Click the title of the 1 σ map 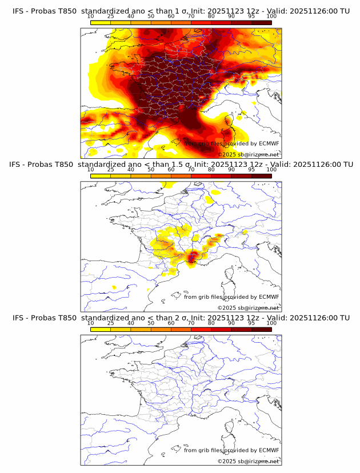pyautogui.click(x=181, y=11)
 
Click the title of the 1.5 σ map pyautogui.click(x=181, y=165)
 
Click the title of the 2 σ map pyautogui.click(x=181, y=318)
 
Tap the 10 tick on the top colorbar pyautogui.click(x=91, y=17)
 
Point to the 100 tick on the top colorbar pyautogui.click(x=271, y=17)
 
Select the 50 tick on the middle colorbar pyautogui.click(x=151, y=170)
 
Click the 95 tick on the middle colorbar pyautogui.click(x=251, y=170)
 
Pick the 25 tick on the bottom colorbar pyautogui.click(x=111, y=323)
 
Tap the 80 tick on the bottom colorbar pyautogui.click(x=211, y=323)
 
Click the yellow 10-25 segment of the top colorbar pyautogui.click(x=101, y=23)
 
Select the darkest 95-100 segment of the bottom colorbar pyautogui.click(x=261, y=329)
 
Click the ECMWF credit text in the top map pyautogui.click(x=231, y=144)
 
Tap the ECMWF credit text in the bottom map pyautogui.click(x=231, y=450)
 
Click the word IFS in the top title pyautogui.click(x=18, y=11)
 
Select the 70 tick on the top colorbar pyautogui.click(x=191, y=17)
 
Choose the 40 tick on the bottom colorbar pyautogui.click(x=131, y=323)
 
